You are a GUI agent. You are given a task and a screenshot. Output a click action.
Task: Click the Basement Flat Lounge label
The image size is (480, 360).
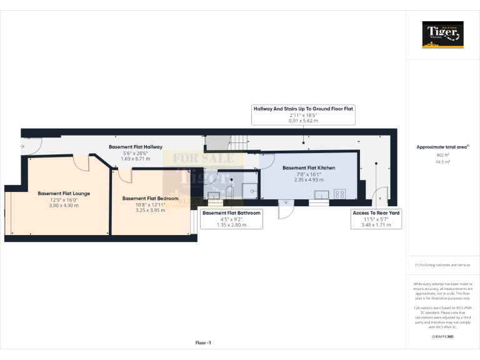(64, 194)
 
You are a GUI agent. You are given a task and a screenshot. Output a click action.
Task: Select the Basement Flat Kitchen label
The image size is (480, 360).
(309, 168)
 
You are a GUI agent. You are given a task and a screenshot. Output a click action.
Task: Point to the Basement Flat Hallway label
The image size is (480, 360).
(136, 147)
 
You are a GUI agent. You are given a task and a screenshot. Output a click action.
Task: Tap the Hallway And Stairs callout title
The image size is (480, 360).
(303, 108)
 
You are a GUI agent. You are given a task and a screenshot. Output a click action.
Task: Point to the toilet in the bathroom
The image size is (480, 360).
(230, 190)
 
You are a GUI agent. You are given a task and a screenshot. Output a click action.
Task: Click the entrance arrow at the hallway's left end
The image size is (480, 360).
(22, 147)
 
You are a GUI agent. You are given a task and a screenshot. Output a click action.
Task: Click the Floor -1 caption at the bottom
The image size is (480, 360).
(203, 342)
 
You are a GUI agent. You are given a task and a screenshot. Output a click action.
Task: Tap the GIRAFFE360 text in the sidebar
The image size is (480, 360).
(442, 337)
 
